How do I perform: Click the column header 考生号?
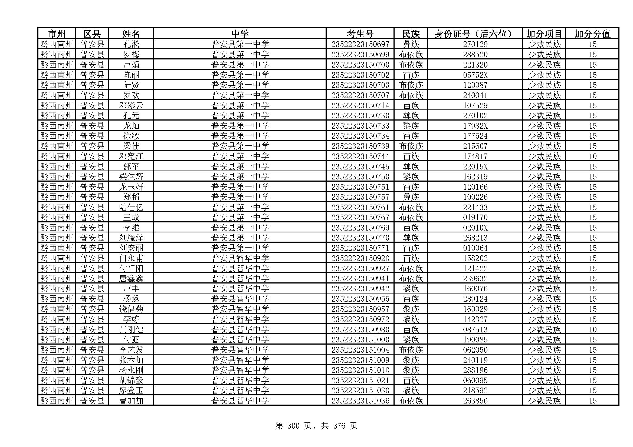tap(360, 34)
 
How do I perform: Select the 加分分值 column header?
tap(592, 34)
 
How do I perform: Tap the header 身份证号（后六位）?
tap(475, 34)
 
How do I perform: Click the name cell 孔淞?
tap(131, 44)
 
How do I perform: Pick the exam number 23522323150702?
tap(360, 75)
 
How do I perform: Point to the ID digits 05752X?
tap(475, 75)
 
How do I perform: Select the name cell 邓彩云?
tap(131, 105)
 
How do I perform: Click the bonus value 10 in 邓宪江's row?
tap(592, 156)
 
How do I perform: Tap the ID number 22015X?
tap(475, 166)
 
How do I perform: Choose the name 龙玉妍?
tap(131, 187)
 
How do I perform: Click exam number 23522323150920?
tap(360, 258)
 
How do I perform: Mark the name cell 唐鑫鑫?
tap(131, 279)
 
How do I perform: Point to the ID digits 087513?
tap(475, 329)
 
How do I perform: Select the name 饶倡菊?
tap(131, 309)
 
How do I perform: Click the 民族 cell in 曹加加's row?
tap(411, 401)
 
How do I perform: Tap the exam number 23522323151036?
tap(360, 401)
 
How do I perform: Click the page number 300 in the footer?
tap(293, 426)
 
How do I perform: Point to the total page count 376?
tap(339, 426)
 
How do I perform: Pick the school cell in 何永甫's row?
tap(240, 258)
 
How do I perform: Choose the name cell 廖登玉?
tap(131, 390)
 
